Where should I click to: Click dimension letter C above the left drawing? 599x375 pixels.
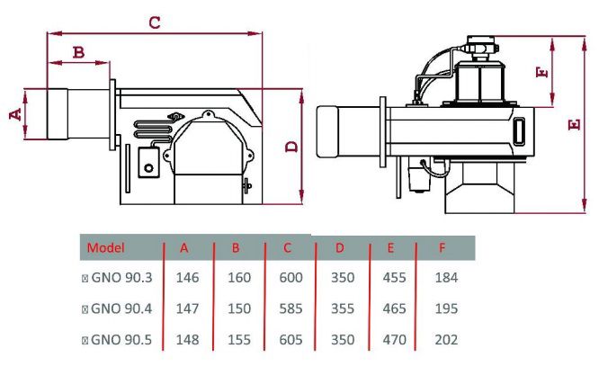click(x=155, y=22)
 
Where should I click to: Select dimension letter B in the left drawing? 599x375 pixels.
click(x=78, y=52)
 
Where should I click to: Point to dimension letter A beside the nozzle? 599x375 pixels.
click(x=15, y=114)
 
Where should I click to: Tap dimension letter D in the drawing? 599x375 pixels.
click(x=292, y=147)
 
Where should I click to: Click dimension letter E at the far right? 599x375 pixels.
click(x=574, y=124)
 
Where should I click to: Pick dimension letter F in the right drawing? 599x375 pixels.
click(x=542, y=72)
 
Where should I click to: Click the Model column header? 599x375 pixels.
click(x=106, y=248)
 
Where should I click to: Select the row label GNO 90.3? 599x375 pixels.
click(x=121, y=278)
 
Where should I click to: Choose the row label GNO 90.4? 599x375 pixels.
click(x=121, y=308)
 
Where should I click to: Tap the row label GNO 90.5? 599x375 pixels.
click(x=121, y=340)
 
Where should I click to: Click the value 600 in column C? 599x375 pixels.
click(x=291, y=278)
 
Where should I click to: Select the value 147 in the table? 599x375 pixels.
click(x=187, y=308)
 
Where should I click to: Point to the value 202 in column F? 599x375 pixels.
click(x=446, y=340)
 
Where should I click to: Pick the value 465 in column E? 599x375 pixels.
click(x=394, y=308)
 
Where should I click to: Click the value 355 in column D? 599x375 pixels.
click(x=343, y=308)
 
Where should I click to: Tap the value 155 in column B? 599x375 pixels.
click(x=239, y=340)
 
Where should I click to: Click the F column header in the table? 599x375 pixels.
click(x=442, y=248)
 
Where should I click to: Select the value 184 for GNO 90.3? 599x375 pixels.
click(x=446, y=278)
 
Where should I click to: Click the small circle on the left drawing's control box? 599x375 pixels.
click(x=148, y=167)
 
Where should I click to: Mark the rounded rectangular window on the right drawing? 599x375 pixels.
click(x=519, y=132)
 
